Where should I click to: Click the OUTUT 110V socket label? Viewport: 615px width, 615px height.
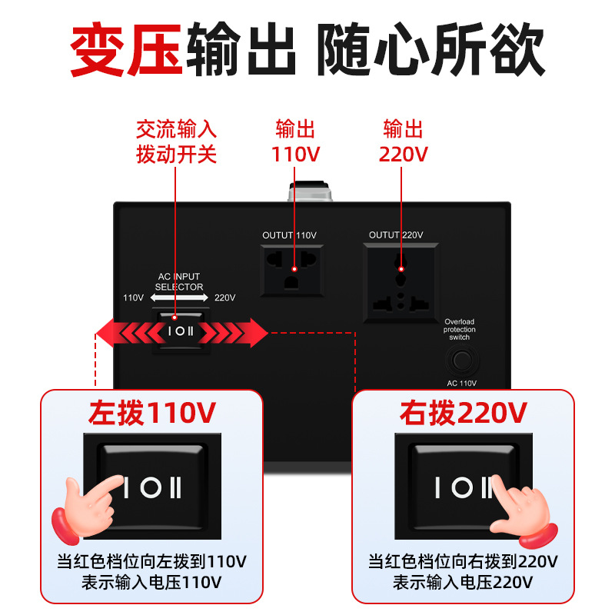pos(290,235)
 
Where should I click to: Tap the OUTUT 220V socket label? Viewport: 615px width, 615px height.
pos(396,235)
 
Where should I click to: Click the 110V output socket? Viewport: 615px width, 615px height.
pos(292,271)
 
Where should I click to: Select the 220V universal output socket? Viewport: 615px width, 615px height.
pos(401,283)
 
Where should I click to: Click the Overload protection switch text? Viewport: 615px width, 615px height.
pos(459,330)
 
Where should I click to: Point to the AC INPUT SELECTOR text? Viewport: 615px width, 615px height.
pos(179,281)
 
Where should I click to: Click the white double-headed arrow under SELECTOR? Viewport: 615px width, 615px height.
pos(179,298)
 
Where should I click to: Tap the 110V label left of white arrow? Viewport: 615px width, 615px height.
pos(133,298)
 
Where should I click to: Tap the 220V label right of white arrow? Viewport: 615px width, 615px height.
pos(224,298)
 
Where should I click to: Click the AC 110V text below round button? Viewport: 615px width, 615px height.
pos(462,383)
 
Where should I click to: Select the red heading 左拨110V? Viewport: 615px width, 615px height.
pos(152,413)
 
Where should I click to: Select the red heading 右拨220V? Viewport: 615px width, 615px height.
pos(464,413)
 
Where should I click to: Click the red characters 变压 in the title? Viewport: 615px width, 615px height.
pos(126,49)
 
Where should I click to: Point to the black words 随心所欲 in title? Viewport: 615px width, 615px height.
pos(431,49)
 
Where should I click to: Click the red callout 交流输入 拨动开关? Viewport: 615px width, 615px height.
pos(176,141)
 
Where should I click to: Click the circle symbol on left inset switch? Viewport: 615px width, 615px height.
pos(151,487)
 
